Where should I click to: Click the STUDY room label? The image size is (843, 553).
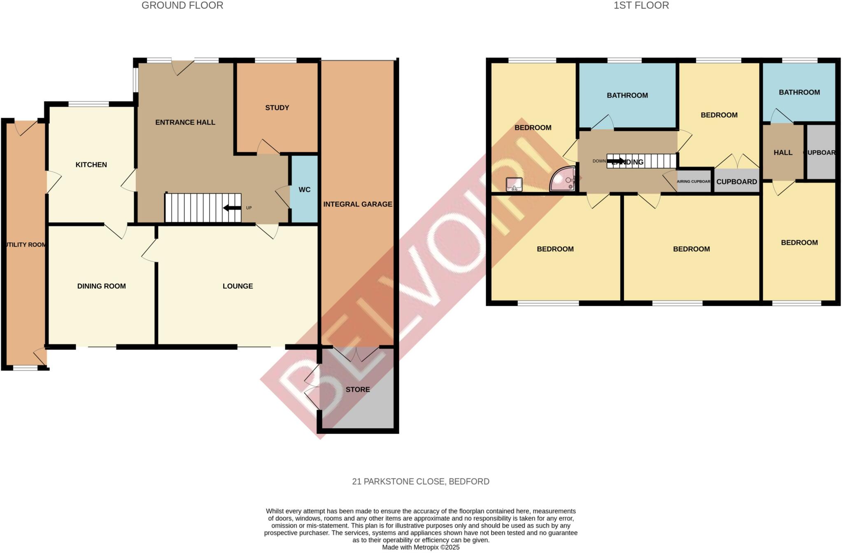277,108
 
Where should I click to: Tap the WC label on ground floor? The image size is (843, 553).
305,190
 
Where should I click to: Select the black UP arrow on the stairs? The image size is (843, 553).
232,208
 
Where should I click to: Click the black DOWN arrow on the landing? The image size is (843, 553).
615,161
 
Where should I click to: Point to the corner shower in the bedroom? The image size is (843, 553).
564,179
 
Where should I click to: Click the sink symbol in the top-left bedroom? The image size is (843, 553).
514,184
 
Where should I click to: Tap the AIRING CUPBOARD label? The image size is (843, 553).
694,181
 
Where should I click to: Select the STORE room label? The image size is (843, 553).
358,390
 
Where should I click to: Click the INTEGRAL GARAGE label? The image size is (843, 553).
358,204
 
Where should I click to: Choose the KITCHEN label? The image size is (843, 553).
91,165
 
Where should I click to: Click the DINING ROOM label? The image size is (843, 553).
102,286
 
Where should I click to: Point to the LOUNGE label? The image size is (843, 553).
238,286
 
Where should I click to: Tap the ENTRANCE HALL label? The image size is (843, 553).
185,122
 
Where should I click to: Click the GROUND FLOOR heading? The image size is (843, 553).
182,5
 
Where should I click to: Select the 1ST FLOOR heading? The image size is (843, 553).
641,5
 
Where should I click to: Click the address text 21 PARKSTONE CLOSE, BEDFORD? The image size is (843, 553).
421,481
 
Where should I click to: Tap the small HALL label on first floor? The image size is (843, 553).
783,153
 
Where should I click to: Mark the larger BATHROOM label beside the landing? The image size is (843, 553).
627,95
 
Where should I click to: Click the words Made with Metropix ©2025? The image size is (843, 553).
421,547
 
